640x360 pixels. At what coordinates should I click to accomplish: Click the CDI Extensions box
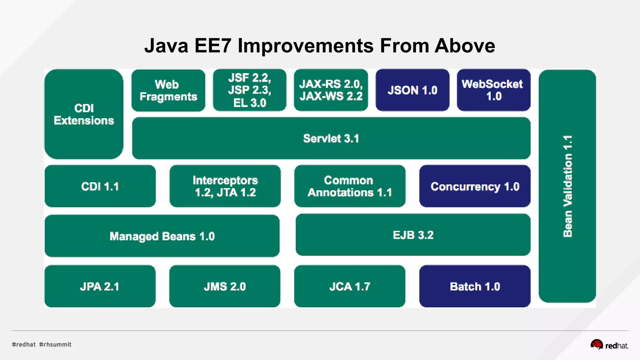click(84, 114)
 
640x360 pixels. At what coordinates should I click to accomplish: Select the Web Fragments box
click(168, 91)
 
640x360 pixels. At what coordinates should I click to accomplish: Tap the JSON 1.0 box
click(412, 90)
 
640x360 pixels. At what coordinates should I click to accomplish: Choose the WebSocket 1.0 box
click(493, 90)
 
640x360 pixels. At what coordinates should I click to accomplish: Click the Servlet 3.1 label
click(331, 138)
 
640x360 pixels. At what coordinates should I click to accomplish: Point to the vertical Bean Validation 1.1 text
click(567, 186)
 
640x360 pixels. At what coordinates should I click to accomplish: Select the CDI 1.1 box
click(100, 187)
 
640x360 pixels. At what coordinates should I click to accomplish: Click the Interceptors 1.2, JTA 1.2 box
click(225, 187)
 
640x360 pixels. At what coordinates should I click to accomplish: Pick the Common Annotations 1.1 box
click(350, 187)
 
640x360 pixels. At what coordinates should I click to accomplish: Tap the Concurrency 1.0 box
click(475, 187)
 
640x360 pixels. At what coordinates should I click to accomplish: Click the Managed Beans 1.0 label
click(162, 236)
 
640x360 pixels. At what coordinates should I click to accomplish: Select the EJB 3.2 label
click(413, 235)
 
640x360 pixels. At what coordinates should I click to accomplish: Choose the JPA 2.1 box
click(100, 287)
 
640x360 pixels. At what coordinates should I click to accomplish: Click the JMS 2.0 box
click(225, 287)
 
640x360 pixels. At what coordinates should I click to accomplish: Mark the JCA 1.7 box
click(350, 287)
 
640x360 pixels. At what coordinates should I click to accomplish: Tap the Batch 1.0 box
click(475, 287)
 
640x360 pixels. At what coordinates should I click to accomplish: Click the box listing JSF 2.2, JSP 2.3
click(250, 90)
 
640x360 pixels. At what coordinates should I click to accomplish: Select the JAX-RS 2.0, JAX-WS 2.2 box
click(331, 90)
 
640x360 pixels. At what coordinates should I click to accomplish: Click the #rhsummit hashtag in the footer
click(55, 344)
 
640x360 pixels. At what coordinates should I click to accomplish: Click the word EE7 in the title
click(212, 46)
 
